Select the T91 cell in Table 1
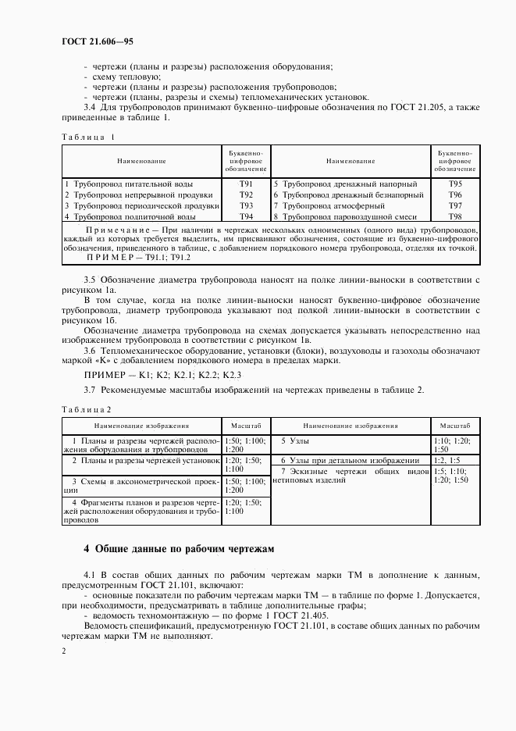coord(246,184)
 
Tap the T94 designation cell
coord(246,216)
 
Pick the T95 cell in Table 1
coord(456,184)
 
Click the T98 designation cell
coord(456,216)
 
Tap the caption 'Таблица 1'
coord(87,137)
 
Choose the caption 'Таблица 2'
coord(86,408)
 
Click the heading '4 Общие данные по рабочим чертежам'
coord(179,548)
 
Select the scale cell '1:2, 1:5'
coord(447,461)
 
